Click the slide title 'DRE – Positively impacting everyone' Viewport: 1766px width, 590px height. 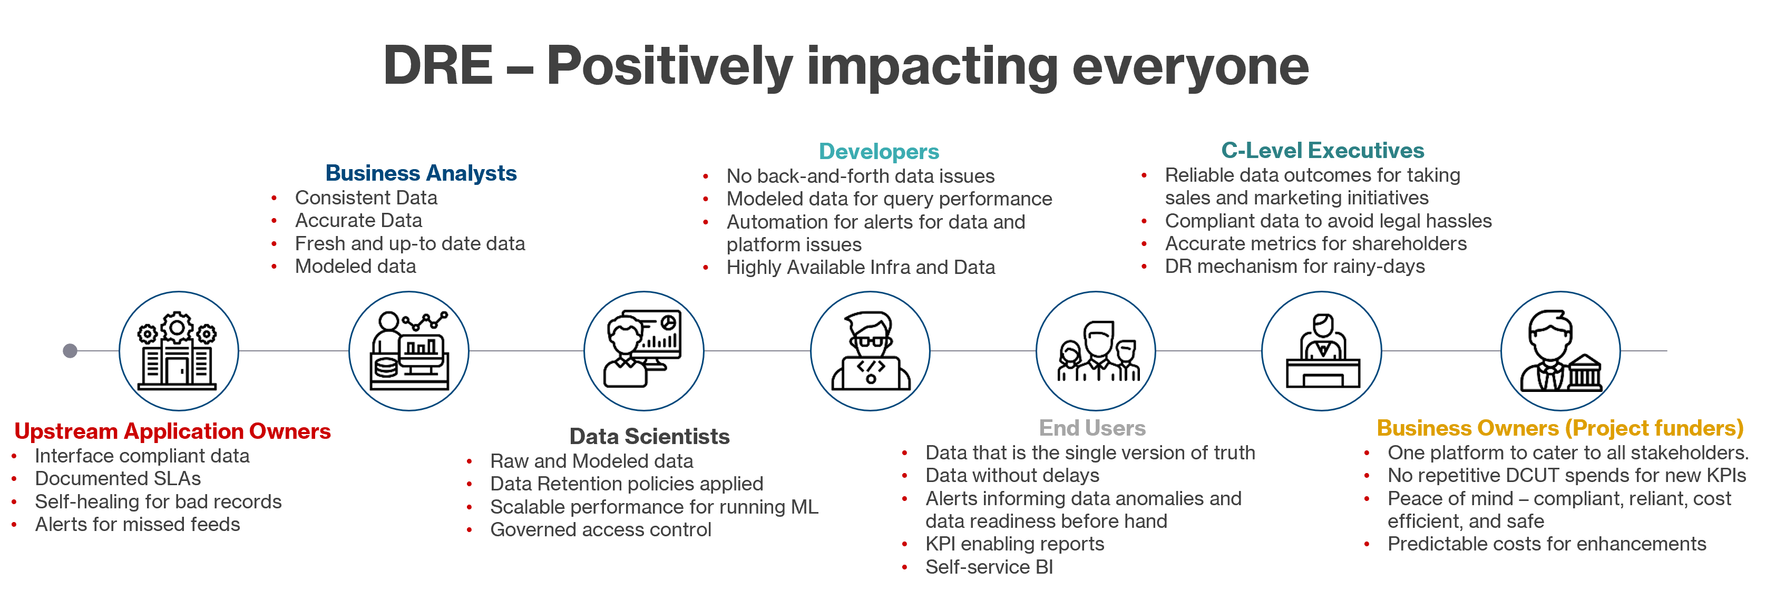845,66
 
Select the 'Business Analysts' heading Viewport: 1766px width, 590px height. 421,173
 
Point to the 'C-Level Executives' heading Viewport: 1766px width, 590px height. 1322,151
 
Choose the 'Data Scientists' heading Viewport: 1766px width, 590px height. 649,437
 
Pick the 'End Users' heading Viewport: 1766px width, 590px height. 1091,428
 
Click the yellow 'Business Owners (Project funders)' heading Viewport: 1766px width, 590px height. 1559,428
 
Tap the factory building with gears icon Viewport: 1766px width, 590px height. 178,351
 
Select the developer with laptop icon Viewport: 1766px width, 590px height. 870,351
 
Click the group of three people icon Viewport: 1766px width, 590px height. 1095,351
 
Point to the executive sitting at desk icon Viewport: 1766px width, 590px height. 1321,351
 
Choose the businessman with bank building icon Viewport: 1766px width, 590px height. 1560,351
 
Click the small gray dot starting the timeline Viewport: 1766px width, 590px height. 70,351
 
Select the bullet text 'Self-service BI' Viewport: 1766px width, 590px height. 989,567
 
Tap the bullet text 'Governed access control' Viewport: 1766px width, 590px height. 601,530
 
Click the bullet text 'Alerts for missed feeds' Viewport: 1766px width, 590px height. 137,524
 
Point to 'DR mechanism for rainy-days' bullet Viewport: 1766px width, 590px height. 1294,267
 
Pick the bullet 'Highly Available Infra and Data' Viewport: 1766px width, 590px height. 861,267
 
